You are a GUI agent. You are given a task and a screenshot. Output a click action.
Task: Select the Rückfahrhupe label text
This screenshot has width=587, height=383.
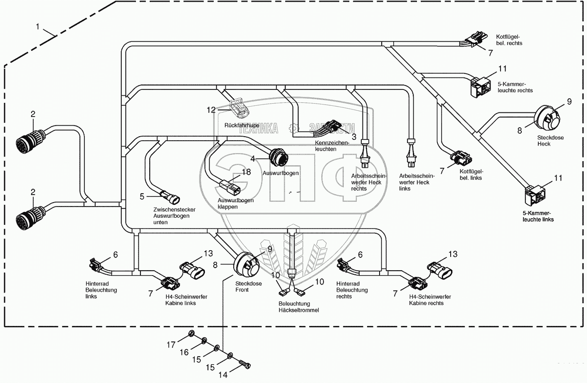coord(242,125)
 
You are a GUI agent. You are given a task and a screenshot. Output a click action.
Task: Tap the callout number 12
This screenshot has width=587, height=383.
coord(211,110)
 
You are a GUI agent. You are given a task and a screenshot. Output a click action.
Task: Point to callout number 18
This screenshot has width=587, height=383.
coord(247,172)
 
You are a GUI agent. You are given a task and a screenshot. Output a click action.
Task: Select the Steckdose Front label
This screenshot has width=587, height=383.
coord(248,287)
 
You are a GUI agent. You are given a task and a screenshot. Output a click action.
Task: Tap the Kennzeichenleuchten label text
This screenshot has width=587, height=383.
coord(332,146)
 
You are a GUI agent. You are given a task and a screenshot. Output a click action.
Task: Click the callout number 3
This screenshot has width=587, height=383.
coord(354,136)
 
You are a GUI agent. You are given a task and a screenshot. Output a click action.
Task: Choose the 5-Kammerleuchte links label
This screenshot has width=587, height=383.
coord(538,216)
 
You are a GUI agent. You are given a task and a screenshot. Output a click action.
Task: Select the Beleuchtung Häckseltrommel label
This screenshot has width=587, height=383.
coord(298,307)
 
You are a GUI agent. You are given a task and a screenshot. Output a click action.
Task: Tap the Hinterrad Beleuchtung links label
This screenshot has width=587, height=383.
coord(101,290)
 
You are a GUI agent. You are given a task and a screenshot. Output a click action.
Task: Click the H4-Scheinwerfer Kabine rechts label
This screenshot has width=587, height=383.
coord(429,300)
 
